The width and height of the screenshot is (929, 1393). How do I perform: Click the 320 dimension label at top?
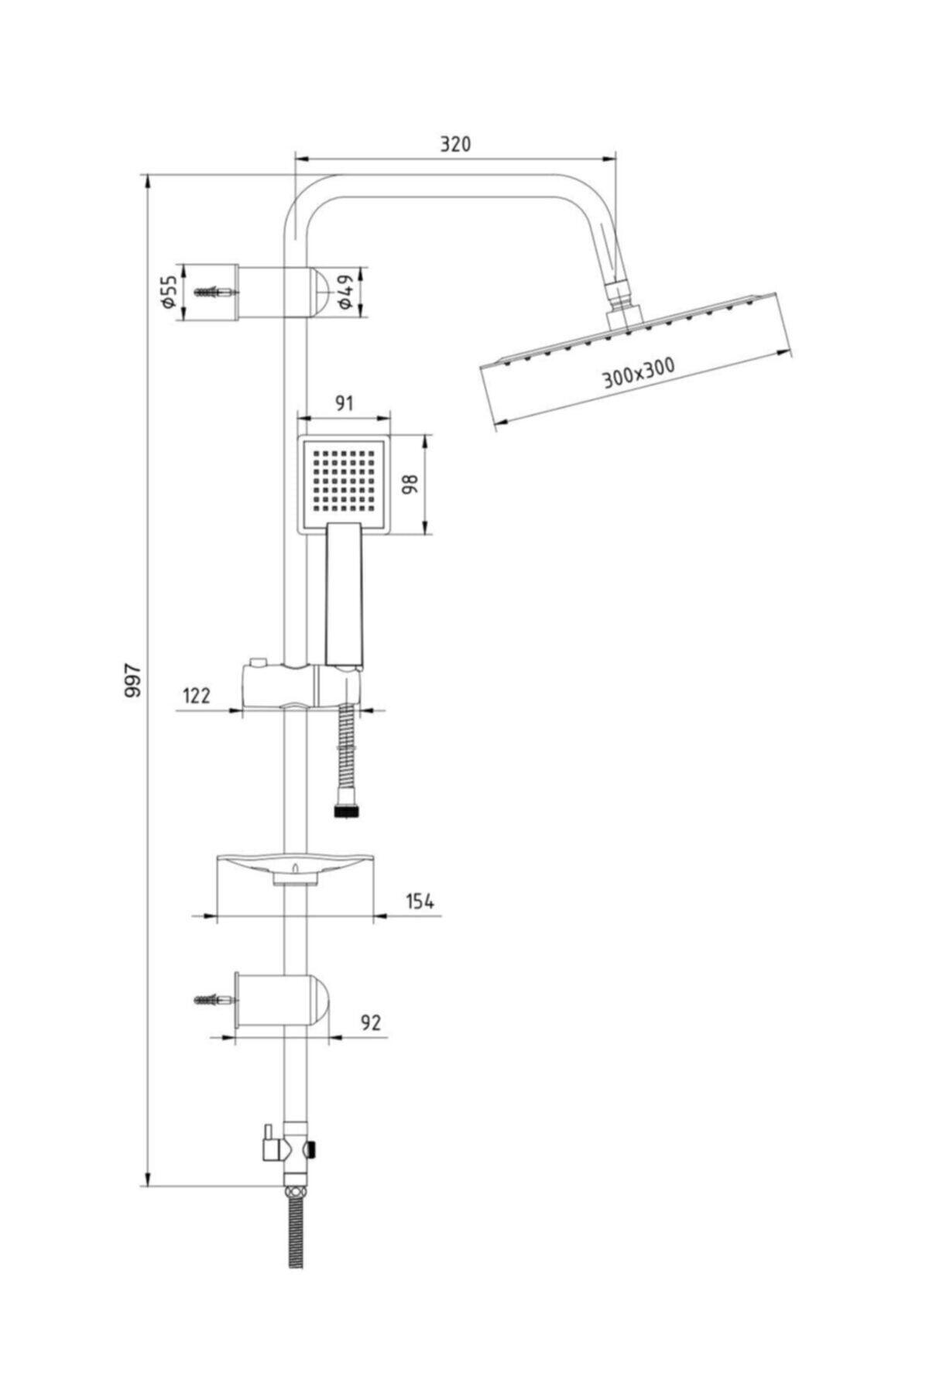pos(455,144)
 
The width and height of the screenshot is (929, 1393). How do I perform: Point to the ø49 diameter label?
pos(347,293)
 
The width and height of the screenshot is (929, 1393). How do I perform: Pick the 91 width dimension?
pos(344,403)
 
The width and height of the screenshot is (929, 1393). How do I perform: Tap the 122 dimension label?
pos(196,695)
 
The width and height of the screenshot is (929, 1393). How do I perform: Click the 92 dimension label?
pos(372,1022)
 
